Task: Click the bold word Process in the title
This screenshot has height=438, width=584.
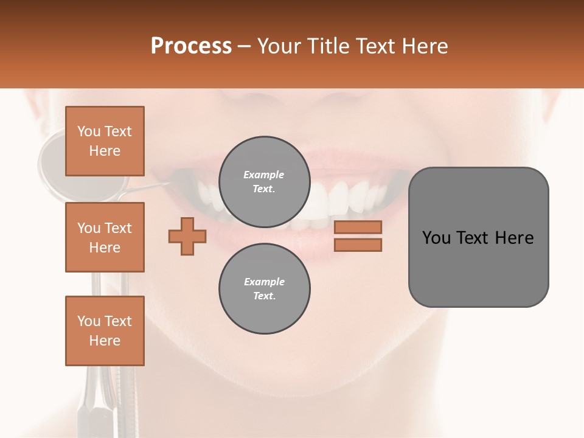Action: [191, 46]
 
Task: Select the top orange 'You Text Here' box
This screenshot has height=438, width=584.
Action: [105, 141]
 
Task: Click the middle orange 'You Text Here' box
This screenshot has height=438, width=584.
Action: [105, 237]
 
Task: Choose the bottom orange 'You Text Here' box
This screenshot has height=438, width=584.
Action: [105, 331]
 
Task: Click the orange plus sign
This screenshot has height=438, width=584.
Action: [187, 236]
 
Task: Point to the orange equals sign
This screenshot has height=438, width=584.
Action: [358, 236]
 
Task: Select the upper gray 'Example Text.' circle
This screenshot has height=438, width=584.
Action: [264, 181]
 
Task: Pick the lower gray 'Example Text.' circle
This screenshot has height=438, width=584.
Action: [264, 288]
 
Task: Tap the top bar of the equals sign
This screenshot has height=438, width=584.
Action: [358, 227]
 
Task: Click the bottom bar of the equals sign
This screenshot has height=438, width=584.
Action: [358, 245]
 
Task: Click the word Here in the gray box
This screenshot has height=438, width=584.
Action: [514, 238]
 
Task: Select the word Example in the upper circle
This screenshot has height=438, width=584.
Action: [264, 175]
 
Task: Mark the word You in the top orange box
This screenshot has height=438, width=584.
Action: [89, 131]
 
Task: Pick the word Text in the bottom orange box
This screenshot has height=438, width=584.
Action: [117, 321]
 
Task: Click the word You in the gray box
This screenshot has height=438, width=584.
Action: [437, 238]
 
